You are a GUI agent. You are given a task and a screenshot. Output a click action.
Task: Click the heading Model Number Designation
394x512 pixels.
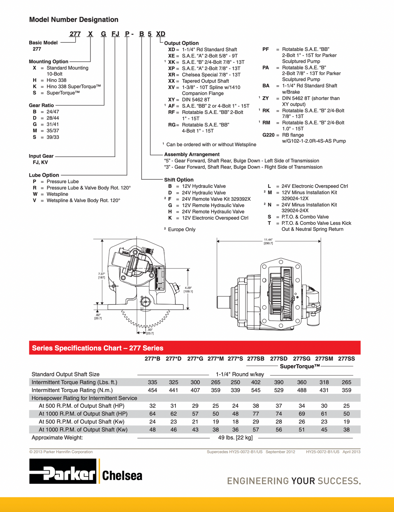click(74, 19)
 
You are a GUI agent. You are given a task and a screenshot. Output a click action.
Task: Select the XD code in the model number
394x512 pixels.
click(161, 34)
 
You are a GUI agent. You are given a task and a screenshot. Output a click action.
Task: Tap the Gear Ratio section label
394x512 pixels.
click(41, 105)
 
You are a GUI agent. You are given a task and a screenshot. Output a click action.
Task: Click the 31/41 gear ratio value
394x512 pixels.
click(53, 125)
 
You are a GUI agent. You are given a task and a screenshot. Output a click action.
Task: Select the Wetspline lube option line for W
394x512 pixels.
click(57, 194)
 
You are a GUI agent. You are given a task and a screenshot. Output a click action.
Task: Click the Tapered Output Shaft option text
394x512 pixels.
click(205, 81)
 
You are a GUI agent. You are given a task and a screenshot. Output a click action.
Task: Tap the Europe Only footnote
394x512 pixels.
click(181, 230)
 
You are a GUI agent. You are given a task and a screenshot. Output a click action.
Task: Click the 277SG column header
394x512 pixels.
click(302, 359)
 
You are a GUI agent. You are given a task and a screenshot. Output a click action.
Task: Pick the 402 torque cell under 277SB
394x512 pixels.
click(256, 382)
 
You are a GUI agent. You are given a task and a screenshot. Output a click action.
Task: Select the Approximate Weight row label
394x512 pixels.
click(57, 438)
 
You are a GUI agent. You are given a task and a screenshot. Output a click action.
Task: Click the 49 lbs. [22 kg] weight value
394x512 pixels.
click(235, 438)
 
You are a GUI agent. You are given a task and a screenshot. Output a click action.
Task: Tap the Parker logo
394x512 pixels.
click(63, 471)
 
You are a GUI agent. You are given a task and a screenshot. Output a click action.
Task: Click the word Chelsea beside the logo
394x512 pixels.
click(122, 476)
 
